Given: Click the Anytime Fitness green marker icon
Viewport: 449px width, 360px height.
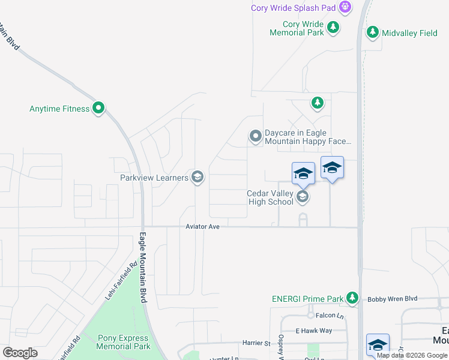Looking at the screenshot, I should pyautogui.click(x=99, y=109).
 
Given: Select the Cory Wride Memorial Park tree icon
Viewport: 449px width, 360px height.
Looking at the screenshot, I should pyautogui.click(x=333, y=27).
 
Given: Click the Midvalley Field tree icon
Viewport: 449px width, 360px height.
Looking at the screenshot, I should pyautogui.click(x=373, y=32).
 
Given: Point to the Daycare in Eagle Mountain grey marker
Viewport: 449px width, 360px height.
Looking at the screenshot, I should pyautogui.click(x=256, y=137).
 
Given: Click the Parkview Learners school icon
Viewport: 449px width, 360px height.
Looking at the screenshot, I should pyautogui.click(x=197, y=177).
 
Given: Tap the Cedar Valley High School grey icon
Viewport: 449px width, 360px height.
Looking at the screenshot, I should pyautogui.click(x=303, y=197).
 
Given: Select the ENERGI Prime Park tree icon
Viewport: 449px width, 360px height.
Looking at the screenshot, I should pyautogui.click(x=352, y=298).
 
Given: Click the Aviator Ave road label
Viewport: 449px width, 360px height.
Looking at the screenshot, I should pyautogui.click(x=203, y=227).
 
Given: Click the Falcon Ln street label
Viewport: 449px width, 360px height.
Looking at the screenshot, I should pyautogui.click(x=328, y=314).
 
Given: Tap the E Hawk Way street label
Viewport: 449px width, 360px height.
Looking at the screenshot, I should pyautogui.click(x=313, y=331).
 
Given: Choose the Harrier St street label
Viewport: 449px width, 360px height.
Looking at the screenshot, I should pyautogui.click(x=256, y=343).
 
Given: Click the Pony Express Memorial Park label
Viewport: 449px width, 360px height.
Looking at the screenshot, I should pyautogui.click(x=123, y=343).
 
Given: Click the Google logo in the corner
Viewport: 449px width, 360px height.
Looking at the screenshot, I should pyautogui.click(x=20, y=352).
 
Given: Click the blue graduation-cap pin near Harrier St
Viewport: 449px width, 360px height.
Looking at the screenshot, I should pyautogui.click(x=378, y=345).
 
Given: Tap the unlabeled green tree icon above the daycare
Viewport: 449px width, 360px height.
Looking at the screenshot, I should pyautogui.click(x=318, y=103).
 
